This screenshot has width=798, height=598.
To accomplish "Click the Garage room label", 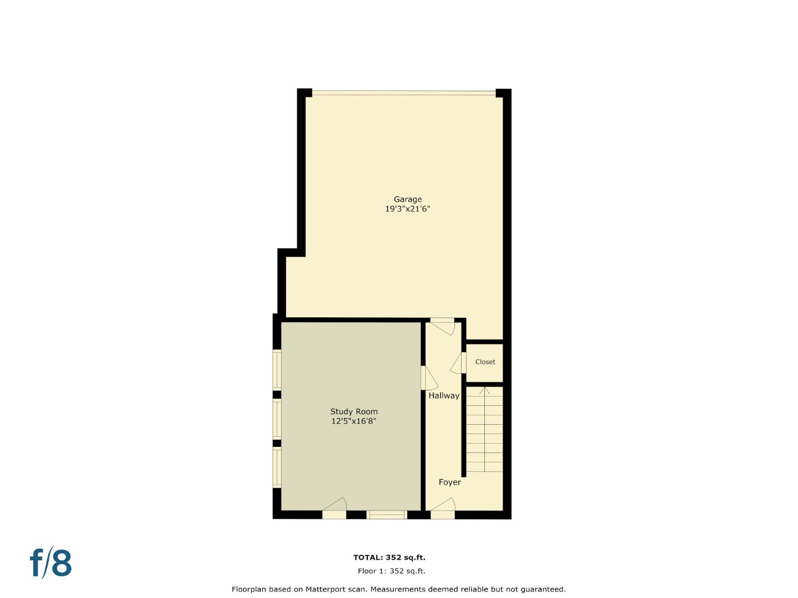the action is (407, 199).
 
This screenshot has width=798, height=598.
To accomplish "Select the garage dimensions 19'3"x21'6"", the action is (407, 209).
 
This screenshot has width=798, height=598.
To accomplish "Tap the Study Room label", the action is (354, 412).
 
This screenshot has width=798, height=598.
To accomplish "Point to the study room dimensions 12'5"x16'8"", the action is (354, 421).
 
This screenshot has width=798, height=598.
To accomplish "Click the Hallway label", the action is (444, 396).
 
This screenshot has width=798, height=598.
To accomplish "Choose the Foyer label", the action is (450, 482).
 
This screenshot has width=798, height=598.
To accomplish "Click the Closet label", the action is (485, 362).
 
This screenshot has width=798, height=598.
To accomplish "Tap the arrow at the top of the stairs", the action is (484, 391).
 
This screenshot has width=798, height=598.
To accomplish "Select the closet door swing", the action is (458, 363).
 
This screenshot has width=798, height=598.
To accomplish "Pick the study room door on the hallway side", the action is (429, 378).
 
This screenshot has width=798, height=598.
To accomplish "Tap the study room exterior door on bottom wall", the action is (335, 508).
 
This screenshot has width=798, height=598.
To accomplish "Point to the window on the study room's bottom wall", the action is (386, 515).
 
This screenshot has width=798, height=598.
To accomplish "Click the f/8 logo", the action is (51, 563).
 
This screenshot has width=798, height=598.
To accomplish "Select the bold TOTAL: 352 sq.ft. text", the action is (390, 558).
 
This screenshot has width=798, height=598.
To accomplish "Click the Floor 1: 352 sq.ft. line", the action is (392, 571).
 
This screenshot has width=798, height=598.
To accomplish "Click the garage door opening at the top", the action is (403, 93).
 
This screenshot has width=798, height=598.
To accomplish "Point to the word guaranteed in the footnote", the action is (544, 590).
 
